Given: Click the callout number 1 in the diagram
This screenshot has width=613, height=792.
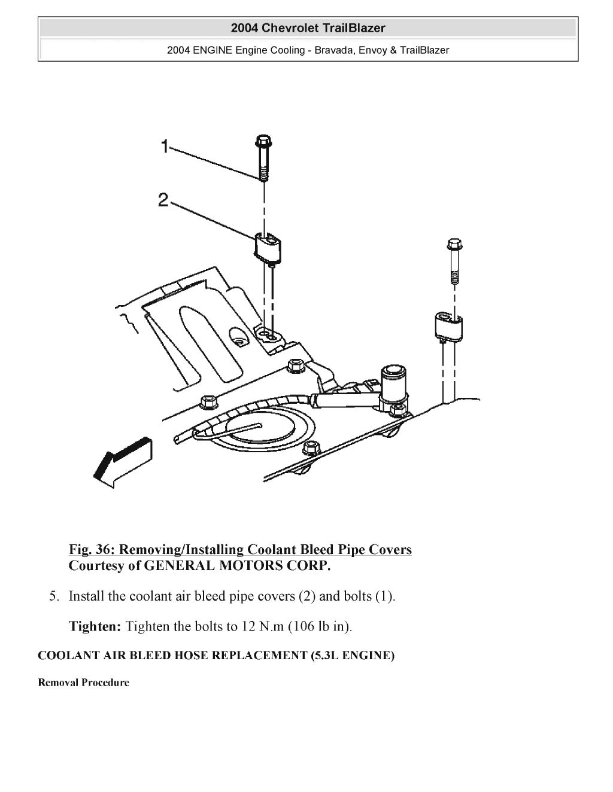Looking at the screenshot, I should (165, 146).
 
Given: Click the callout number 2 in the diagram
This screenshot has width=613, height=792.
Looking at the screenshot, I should (163, 200).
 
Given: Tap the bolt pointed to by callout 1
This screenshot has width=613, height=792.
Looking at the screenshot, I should (263, 159).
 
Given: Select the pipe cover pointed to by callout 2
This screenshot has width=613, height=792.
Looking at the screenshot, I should (268, 246).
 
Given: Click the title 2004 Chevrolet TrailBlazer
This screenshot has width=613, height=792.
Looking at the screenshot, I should (308, 28).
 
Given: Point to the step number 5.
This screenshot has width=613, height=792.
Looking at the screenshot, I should (54, 596).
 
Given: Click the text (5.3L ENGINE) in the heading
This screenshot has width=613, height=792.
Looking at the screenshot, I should (353, 656).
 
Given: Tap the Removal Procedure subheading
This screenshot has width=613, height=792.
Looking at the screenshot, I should (83, 683).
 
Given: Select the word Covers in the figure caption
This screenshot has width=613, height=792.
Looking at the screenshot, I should (389, 549).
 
